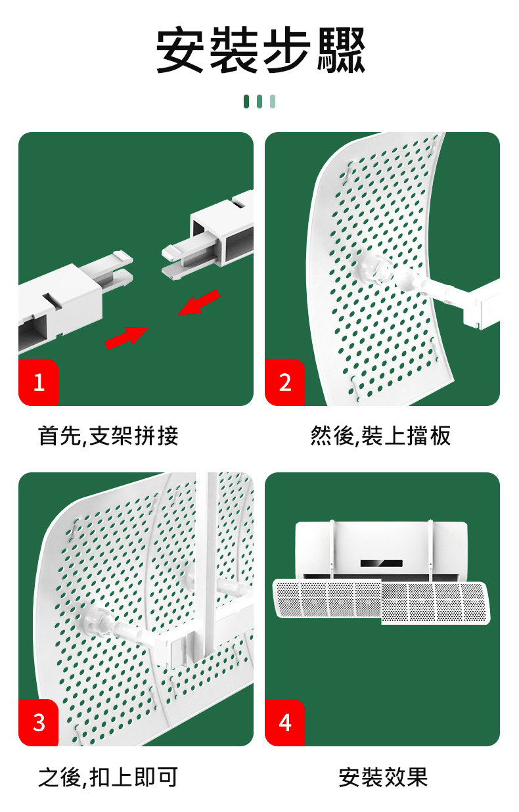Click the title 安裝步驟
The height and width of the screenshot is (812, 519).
point(259,50)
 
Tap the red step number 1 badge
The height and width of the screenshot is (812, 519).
point(39,382)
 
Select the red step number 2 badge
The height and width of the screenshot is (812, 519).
point(284,382)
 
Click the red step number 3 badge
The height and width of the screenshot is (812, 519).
point(39,723)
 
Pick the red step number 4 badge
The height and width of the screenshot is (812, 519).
point(284,723)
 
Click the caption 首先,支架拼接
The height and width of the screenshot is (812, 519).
point(108,435)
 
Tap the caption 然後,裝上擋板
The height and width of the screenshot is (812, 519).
point(381,435)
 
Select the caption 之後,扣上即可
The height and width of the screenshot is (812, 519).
point(108,777)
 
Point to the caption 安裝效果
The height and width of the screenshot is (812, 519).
point(383,777)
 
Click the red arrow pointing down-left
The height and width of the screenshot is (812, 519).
point(199,303)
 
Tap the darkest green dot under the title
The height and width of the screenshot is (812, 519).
point(246,101)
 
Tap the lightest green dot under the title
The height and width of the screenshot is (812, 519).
point(273,101)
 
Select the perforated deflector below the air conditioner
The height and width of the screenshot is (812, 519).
point(383,600)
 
